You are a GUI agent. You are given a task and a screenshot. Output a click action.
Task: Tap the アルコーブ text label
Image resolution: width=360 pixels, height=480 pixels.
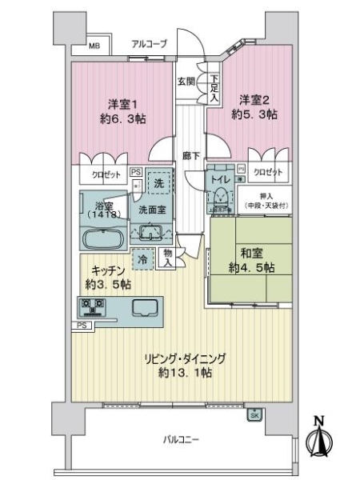149,45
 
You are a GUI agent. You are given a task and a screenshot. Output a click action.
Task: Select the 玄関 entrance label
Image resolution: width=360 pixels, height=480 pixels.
186,81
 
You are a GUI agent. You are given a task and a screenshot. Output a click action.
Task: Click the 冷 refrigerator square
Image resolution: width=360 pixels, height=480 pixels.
143,259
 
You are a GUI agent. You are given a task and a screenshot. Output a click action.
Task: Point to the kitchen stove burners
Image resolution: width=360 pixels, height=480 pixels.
91,307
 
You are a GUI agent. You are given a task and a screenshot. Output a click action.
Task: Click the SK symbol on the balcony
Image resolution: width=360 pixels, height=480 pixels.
254,414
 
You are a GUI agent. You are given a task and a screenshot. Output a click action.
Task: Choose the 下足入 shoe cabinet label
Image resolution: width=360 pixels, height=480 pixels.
214,86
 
